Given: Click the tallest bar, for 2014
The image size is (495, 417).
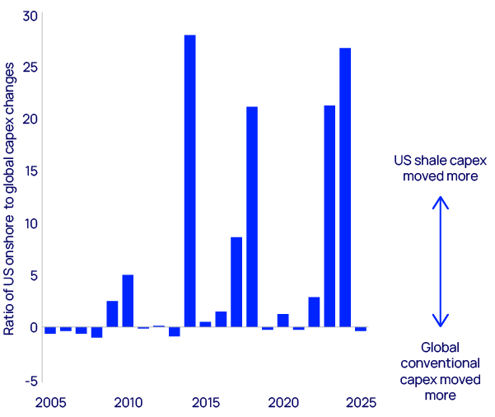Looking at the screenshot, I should click(x=189, y=181).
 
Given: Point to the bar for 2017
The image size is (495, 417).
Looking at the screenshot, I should click(x=236, y=282).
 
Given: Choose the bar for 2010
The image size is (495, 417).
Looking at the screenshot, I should click(x=128, y=301).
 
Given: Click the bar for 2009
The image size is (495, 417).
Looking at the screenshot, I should click(x=112, y=314).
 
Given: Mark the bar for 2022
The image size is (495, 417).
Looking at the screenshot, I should click(x=314, y=312).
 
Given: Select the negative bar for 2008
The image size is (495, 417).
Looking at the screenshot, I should click(x=96, y=332).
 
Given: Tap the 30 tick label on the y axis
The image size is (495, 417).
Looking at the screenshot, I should click(x=30, y=16).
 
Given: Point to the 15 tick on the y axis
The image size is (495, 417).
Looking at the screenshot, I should click(x=30, y=171).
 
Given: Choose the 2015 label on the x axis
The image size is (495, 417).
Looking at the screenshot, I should click(x=205, y=403).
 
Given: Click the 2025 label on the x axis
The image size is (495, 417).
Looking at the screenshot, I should click(x=361, y=403).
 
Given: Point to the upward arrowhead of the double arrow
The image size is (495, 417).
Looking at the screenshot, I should click(x=441, y=200).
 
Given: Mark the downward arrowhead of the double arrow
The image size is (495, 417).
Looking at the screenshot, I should click(x=441, y=322).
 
